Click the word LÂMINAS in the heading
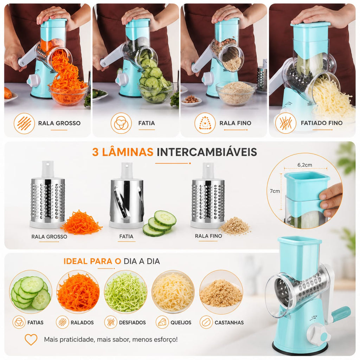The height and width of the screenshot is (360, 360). (127, 152)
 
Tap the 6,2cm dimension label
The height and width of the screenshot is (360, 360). (305, 165)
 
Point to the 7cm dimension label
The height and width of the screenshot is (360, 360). (275, 191)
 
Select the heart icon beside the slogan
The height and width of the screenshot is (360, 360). (31, 340)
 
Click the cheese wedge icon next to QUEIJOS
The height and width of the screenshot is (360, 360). (162, 322)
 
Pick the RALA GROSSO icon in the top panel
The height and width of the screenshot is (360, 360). (24, 123)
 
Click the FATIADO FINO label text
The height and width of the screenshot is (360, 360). (321, 123)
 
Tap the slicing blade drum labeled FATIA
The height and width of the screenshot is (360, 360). (127, 195)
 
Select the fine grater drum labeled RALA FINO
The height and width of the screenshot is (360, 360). (207, 195)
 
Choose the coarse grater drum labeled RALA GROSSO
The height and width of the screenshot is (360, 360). (47, 195)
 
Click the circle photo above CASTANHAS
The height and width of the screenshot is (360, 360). (221, 292)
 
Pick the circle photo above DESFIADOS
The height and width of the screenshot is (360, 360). (126, 292)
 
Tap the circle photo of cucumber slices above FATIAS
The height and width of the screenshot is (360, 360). (31, 292)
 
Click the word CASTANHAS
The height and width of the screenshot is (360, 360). (229, 323)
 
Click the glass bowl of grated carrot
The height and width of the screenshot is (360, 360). (68, 94)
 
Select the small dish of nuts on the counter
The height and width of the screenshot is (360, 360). (191, 101)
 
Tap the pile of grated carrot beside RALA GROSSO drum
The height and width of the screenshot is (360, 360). (82, 223)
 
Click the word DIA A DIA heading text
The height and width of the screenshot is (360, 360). (142, 261)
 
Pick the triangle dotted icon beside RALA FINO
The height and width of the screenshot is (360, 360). (205, 123)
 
